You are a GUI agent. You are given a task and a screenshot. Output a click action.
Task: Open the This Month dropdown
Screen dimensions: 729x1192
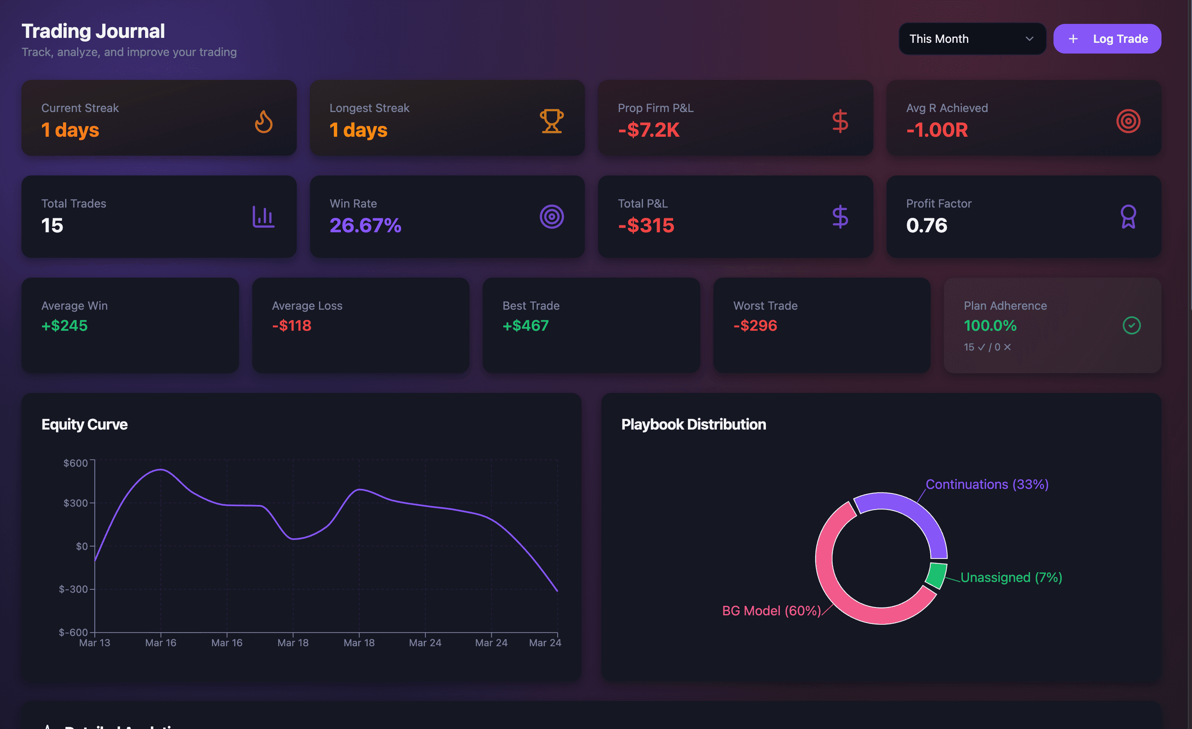point(971,39)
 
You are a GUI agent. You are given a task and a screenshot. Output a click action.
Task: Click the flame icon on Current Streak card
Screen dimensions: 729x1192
point(264,121)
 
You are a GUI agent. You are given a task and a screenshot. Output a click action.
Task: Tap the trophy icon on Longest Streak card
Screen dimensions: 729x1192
point(551,121)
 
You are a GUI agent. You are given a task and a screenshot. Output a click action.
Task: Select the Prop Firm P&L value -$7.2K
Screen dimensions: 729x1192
point(649,130)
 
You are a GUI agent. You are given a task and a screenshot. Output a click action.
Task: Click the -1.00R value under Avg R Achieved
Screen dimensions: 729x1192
point(937,130)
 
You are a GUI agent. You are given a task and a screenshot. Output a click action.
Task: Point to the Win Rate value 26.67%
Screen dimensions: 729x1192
point(365,225)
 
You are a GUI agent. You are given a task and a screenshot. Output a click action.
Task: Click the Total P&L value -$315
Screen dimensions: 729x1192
point(646,225)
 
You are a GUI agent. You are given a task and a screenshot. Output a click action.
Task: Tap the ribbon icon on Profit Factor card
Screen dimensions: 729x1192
point(1128,217)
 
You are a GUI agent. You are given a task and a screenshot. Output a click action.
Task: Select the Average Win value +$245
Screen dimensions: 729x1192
point(65,325)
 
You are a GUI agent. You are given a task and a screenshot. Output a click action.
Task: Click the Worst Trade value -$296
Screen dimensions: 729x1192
point(755,325)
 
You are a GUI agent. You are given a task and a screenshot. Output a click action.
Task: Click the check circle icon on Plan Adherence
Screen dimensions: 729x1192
point(1131,325)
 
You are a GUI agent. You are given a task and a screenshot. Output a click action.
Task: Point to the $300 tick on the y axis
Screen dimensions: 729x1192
point(76,503)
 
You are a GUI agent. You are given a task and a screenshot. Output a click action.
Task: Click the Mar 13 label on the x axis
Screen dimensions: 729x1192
point(94,643)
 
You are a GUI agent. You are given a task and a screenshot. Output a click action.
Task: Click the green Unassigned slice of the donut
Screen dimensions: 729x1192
point(936,575)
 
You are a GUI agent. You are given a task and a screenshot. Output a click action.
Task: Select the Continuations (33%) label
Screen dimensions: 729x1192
point(987,484)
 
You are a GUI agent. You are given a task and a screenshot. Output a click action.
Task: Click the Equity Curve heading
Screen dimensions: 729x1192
point(84,425)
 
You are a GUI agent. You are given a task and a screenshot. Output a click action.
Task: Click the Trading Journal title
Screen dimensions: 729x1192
point(94,31)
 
